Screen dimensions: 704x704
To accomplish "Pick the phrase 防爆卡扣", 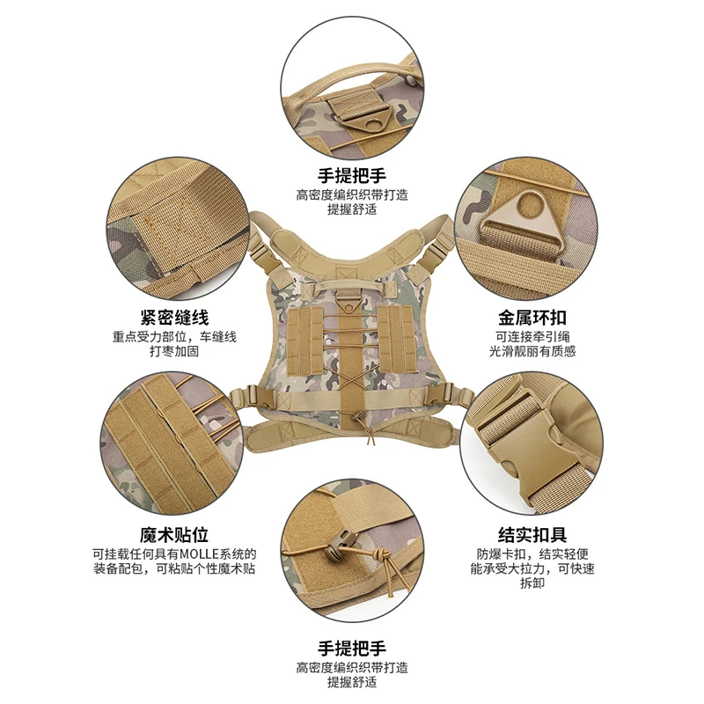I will [502, 554].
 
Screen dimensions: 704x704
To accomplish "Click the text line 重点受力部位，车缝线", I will [173, 336].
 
